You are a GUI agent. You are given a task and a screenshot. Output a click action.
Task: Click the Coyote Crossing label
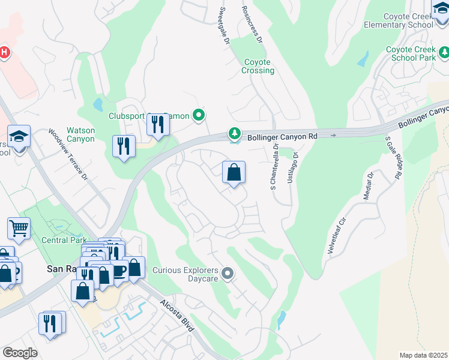[258, 66]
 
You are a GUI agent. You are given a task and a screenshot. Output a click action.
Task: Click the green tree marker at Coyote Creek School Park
[444, 52]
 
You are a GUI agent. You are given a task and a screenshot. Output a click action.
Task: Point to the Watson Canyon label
[80, 134]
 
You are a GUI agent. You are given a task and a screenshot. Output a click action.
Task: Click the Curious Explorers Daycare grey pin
[227, 274]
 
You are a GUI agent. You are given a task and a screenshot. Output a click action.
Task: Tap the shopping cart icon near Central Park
[19, 228]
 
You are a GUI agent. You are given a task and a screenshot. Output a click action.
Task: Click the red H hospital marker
[4, 52]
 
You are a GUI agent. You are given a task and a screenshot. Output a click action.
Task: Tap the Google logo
[20, 353]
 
